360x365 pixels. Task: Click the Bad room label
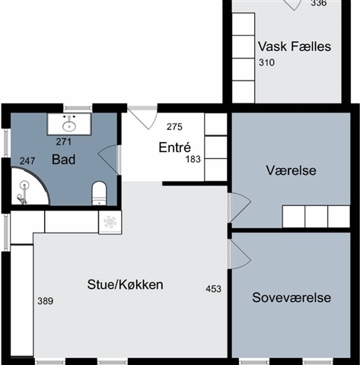coord(63,160)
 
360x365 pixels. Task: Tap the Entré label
coord(174,148)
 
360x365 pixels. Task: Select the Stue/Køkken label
coord(125,284)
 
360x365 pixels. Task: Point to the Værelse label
coord(291,170)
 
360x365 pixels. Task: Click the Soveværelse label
coord(292,297)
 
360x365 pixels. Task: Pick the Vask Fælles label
coord(295,46)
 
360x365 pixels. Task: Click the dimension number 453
coord(213,289)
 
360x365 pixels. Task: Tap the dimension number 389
coord(46,301)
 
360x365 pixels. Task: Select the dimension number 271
coord(64,141)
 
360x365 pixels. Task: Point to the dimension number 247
coord(27,161)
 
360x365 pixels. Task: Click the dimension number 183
coord(193,160)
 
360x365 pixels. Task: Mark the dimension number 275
coord(174,127)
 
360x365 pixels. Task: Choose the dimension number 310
coord(266,62)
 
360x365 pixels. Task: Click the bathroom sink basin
coord(69,126)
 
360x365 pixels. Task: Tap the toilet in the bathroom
coord(99,193)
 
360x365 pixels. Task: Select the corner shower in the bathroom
coord(30,186)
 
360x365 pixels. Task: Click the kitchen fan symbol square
coord(110,222)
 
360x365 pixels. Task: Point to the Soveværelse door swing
coord(240,255)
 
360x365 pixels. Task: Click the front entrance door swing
coord(142,118)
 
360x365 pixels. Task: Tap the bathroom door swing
coord(109,160)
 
